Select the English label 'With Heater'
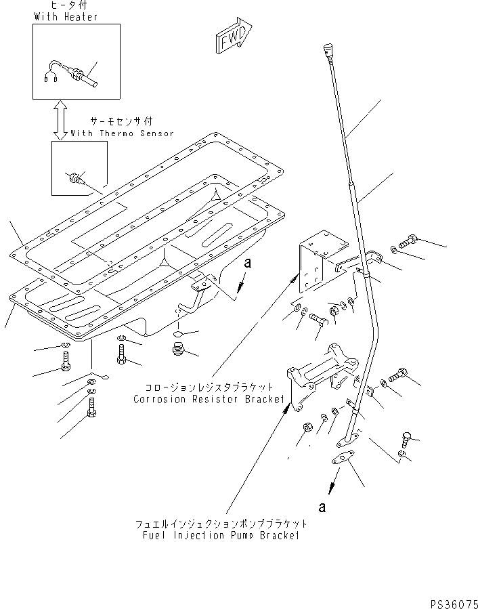(x=65, y=16)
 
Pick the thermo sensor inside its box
(x=76, y=179)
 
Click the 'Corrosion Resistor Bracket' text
(x=208, y=399)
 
